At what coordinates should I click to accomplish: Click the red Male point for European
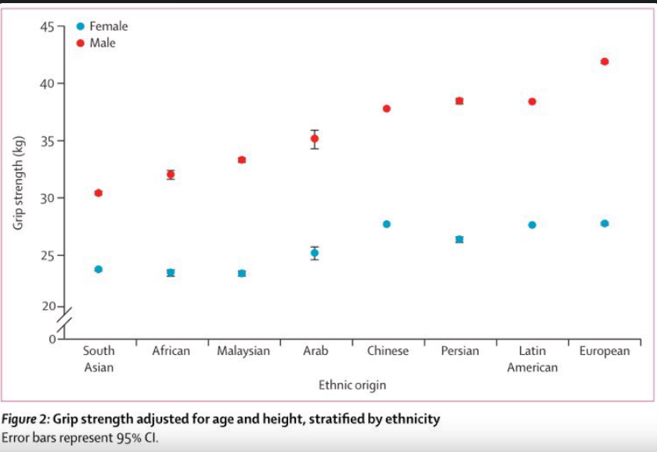click(605, 62)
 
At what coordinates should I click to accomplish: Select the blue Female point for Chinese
click(386, 224)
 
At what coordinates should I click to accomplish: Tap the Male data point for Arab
click(314, 138)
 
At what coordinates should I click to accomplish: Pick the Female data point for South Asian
click(99, 269)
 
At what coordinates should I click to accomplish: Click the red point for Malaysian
click(242, 160)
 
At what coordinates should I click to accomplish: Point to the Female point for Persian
click(459, 239)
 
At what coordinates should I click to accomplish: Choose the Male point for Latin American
click(532, 102)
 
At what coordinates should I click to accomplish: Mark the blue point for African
click(171, 272)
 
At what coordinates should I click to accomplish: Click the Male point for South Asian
click(99, 193)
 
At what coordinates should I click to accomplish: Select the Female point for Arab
click(314, 253)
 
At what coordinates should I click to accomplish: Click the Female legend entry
click(103, 27)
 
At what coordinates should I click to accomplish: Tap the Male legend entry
click(96, 43)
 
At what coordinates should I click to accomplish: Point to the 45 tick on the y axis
click(61, 27)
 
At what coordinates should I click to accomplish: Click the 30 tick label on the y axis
click(47, 198)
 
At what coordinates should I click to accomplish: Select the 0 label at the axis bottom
click(52, 339)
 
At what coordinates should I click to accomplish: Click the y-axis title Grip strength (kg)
click(17, 183)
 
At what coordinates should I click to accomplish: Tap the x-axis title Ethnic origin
click(352, 385)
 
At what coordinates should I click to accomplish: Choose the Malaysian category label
click(244, 350)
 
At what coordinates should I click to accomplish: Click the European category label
click(605, 351)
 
